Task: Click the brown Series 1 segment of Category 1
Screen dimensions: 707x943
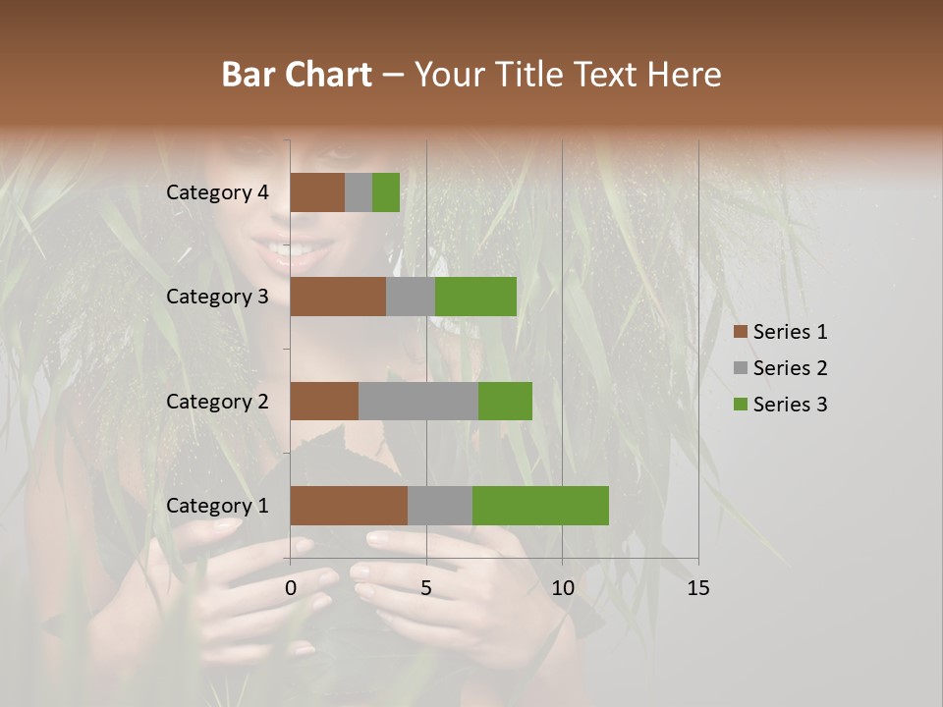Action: tap(349, 506)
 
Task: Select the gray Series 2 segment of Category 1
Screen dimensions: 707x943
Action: tap(440, 506)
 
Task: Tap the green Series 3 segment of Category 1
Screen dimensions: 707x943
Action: tap(540, 506)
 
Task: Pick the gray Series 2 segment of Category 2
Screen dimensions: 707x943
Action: tap(418, 401)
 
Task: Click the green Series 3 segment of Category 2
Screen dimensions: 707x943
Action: tap(505, 401)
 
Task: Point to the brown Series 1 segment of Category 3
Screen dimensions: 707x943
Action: tap(338, 297)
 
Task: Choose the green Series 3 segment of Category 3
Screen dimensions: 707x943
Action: tap(475, 297)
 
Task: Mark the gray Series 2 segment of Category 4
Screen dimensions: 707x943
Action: tap(359, 192)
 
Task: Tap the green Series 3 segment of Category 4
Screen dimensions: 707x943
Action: tap(386, 192)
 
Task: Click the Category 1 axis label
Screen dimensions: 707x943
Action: tap(217, 506)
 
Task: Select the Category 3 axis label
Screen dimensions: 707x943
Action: tap(217, 297)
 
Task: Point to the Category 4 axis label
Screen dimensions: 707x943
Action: tap(217, 192)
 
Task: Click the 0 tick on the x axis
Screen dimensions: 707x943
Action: tap(291, 588)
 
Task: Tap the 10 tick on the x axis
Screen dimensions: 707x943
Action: tap(562, 588)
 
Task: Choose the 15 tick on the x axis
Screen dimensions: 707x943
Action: tap(697, 588)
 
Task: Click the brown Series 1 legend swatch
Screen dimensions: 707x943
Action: tap(741, 332)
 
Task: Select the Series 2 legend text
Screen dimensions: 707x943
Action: tap(790, 368)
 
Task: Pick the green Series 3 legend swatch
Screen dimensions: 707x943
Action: tap(741, 405)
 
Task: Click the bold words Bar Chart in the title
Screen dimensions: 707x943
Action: tap(297, 75)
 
